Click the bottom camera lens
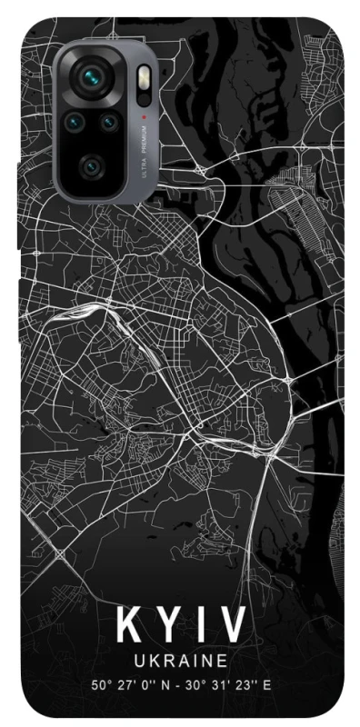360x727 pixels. tap(90, 165)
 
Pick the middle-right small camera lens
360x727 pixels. tap(108, 121)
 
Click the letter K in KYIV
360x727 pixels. tap(128, 627)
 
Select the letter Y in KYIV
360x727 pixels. tap(168, 627)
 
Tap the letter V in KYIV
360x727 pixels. tap(231, 627)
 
